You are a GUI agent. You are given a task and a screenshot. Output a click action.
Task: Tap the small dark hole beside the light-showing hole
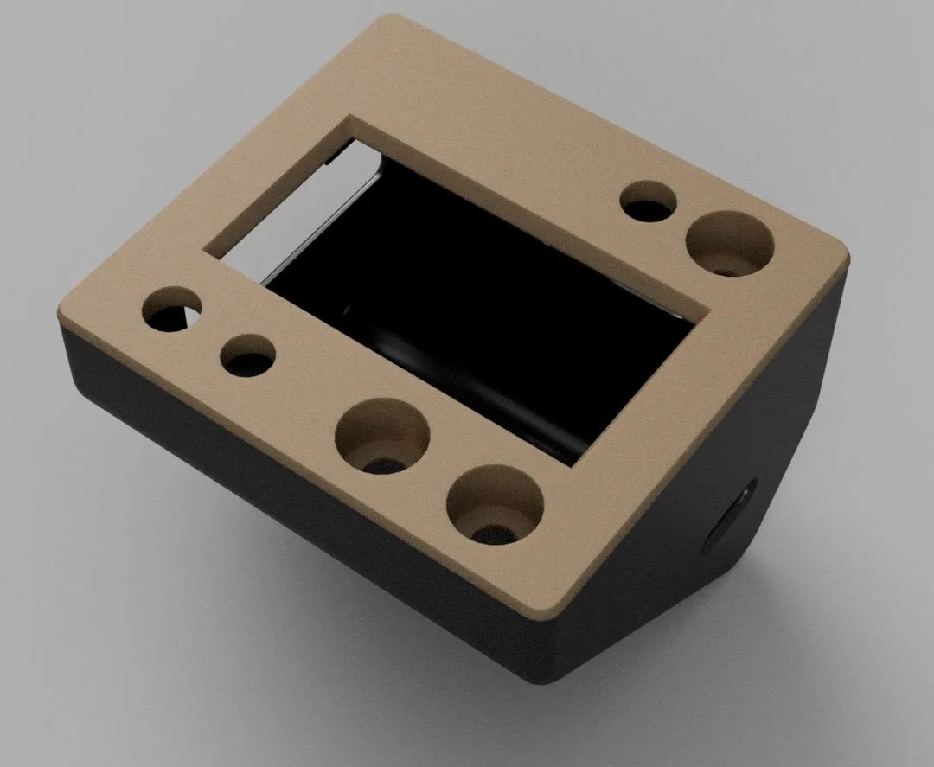point(247,355)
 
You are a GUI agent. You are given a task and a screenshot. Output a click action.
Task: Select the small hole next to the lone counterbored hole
point(649,204)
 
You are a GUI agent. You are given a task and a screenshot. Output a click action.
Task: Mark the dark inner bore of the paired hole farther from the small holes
point(493,530)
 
